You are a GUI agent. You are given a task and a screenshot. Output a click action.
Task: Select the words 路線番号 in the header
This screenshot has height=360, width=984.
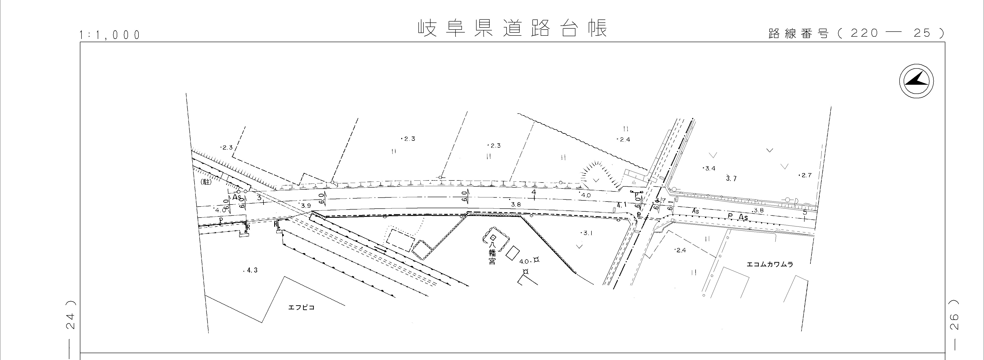798,34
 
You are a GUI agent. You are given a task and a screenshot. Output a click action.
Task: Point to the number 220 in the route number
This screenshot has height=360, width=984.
864,33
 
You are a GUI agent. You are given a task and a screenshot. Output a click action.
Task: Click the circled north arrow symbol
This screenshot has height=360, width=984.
916,81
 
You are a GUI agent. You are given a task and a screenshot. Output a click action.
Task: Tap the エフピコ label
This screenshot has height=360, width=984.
301,307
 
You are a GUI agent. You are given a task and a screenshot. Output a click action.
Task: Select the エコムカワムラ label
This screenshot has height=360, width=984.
770,264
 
